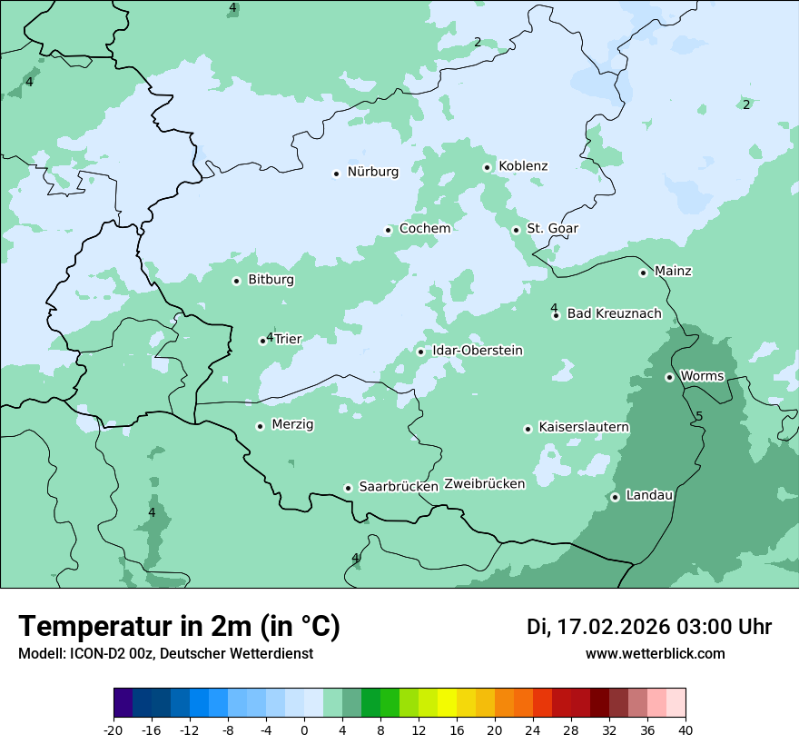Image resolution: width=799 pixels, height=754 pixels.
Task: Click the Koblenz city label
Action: [523, 166]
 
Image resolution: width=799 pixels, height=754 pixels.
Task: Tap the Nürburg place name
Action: [372, 172]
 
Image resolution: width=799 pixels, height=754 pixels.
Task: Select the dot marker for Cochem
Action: [388, 230]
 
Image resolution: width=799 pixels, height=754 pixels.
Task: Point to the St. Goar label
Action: [552, 229]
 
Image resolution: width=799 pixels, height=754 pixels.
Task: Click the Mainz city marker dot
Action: [643, 273]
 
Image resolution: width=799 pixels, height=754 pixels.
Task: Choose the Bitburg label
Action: [271, 280]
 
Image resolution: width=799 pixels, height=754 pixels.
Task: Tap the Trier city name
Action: [288, 340]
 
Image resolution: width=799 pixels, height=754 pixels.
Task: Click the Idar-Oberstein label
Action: [478, 351]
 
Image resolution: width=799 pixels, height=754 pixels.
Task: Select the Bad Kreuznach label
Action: [614, 314]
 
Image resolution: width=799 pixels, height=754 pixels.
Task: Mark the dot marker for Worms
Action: [669, 377]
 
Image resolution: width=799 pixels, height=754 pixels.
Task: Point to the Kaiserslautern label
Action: [584, 428]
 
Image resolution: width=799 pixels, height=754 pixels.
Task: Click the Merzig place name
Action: [292, 425]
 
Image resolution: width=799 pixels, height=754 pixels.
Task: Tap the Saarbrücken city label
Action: [399, 487]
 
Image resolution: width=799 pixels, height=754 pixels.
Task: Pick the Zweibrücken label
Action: [484, 484]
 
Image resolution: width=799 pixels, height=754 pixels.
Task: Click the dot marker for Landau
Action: [615, 497]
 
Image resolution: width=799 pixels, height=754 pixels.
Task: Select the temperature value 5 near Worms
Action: [699, 417]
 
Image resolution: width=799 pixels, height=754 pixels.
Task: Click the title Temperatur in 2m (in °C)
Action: [179, 627]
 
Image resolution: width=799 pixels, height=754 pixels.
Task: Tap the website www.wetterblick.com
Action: [655, 653]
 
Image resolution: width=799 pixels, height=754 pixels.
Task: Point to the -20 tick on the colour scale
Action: [113, 730]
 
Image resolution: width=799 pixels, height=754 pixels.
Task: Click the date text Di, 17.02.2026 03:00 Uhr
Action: [648, 627]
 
